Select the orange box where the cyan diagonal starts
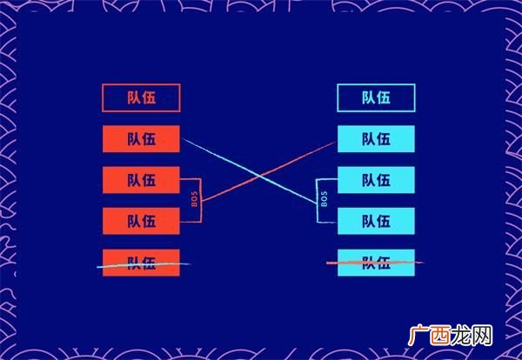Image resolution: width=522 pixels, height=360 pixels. [x=141, y=139]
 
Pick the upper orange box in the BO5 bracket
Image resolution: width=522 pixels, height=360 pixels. [x=141, y=180]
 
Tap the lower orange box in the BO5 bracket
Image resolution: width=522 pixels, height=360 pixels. [x=141, y=221]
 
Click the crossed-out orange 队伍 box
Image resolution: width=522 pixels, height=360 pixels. [x=141, y=263]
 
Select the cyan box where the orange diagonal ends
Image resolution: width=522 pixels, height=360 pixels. [x=376, y=139]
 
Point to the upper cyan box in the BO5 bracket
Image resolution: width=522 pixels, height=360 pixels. [x=376, y=180]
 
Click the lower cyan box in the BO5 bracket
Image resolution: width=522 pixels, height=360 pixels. [x=376, y=221]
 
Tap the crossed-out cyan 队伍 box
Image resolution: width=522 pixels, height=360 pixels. [x=376, y=263]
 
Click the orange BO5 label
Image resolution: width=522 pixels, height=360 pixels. [x=194, y=199]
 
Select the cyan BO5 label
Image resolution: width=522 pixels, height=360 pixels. [x=325, y=199]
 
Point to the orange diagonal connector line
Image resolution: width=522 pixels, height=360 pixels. [x=269, y=171]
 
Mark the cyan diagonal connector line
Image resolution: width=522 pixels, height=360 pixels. [x=250, y=171]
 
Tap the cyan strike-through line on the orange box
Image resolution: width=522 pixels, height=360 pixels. [x=144, y=265]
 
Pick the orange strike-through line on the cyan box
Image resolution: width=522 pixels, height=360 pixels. [x=375, y=263]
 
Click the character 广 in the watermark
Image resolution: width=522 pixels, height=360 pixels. [x=418, y=336]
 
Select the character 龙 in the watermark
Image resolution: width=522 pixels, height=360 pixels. [x=461, y=336]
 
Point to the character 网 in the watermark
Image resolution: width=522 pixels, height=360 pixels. [x=482, y=336]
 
